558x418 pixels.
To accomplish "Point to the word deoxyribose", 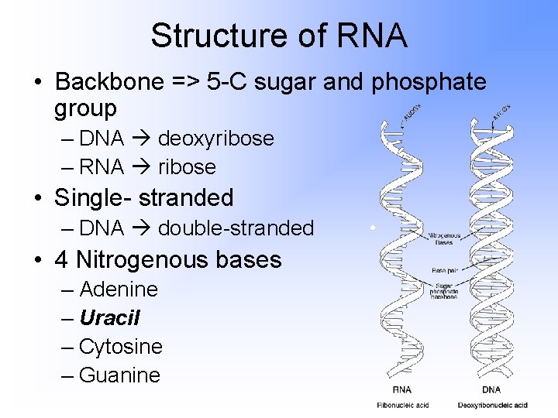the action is (x=215, y=139).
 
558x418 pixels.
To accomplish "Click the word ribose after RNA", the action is (x=187, y=166).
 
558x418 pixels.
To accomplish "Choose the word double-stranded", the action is (x=236, y=228).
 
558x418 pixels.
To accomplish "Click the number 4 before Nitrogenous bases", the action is (x=61, y=259).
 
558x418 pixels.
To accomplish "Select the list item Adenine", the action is (x=119, y=290).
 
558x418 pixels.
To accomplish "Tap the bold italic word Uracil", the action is (x=109, y=318).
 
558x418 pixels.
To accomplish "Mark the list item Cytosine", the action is (x=121, y=346).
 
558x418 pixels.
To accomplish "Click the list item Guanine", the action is (x=119, y=375).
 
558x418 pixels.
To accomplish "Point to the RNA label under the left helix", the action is (x=403, y=389).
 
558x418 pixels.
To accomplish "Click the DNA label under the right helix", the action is (x=491, y=389).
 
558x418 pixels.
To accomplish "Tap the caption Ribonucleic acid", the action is (x=402, y=405).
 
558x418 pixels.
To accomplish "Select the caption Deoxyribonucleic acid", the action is (x=492, y=405).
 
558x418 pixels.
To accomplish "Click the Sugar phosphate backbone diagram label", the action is (x=445, y=291).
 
